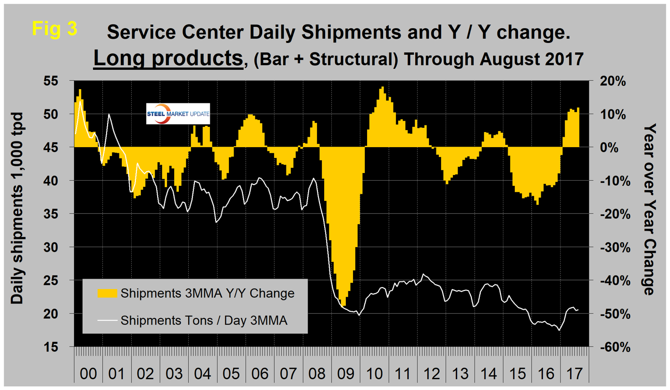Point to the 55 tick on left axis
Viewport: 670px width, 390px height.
62,81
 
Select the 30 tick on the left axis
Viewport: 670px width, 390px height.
62,247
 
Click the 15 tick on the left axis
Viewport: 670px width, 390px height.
62,347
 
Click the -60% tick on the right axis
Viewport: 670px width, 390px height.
612,347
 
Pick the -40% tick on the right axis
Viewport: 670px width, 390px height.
612,281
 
